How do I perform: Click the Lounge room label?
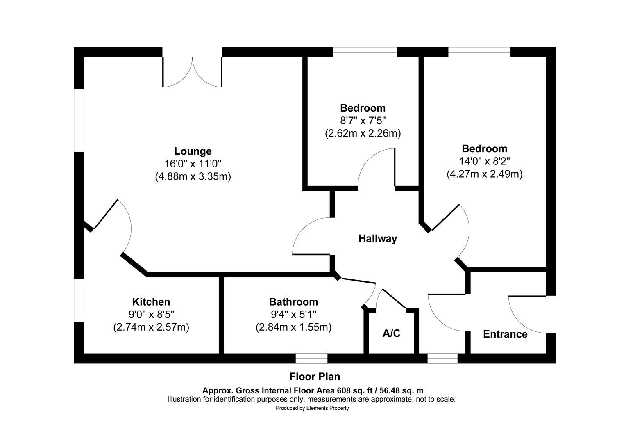[193, 151]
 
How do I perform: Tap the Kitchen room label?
[151, 302]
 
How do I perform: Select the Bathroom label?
[293, 302]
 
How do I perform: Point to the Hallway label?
[377, 238]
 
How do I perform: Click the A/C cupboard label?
[391, 333]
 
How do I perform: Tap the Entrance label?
[505, 334]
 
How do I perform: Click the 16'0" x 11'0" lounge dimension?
[193, 164]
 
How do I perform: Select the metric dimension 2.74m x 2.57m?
[151, 327]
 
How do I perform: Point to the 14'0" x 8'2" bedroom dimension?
[485, 161]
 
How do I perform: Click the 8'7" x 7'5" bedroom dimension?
[363, 121]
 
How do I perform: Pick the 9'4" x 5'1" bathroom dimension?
[293, 315]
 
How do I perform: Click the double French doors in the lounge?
[193, 73]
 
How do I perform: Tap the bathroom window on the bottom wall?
[311, 359]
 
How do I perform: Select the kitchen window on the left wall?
[79, 300]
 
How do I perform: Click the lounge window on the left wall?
[79, 120]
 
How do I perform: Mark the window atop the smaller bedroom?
[365, 52]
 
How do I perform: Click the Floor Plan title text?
[315, 377]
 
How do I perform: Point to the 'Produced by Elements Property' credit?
[312, 408]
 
